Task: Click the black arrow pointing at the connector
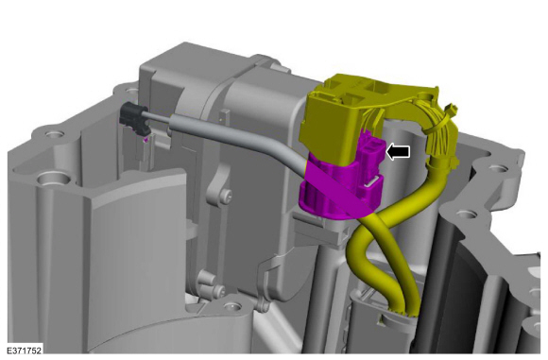[398, 152]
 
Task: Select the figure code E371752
[25, 351]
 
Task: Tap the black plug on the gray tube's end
[134, 117]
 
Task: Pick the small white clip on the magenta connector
[372, 181]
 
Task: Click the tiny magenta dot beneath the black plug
[146, 140]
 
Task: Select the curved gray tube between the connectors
[227, 136]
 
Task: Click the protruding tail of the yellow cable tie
[452, 109]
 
